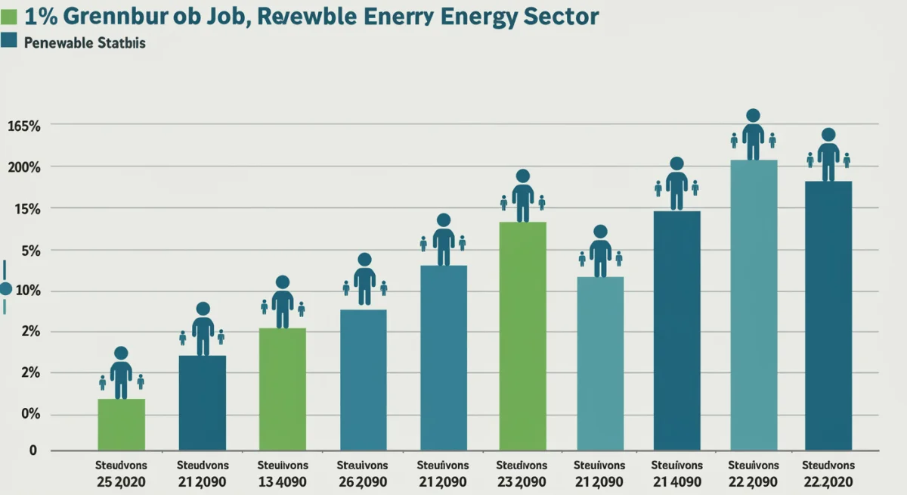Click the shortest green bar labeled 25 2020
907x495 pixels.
[121, 424]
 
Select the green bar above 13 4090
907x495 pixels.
[282, 389]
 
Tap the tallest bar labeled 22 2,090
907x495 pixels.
[753, 304]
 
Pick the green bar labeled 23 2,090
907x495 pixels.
[522, 335]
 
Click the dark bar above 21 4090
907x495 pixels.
[676, 330]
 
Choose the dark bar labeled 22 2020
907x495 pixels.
[828, 315]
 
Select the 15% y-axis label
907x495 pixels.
[26, 209]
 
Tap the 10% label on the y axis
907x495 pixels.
[26, 292]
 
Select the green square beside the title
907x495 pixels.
[9, 17]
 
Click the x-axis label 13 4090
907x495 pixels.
[282, 481]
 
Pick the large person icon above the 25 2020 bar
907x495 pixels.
[121, 373]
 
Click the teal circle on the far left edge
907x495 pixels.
[6, 288]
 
